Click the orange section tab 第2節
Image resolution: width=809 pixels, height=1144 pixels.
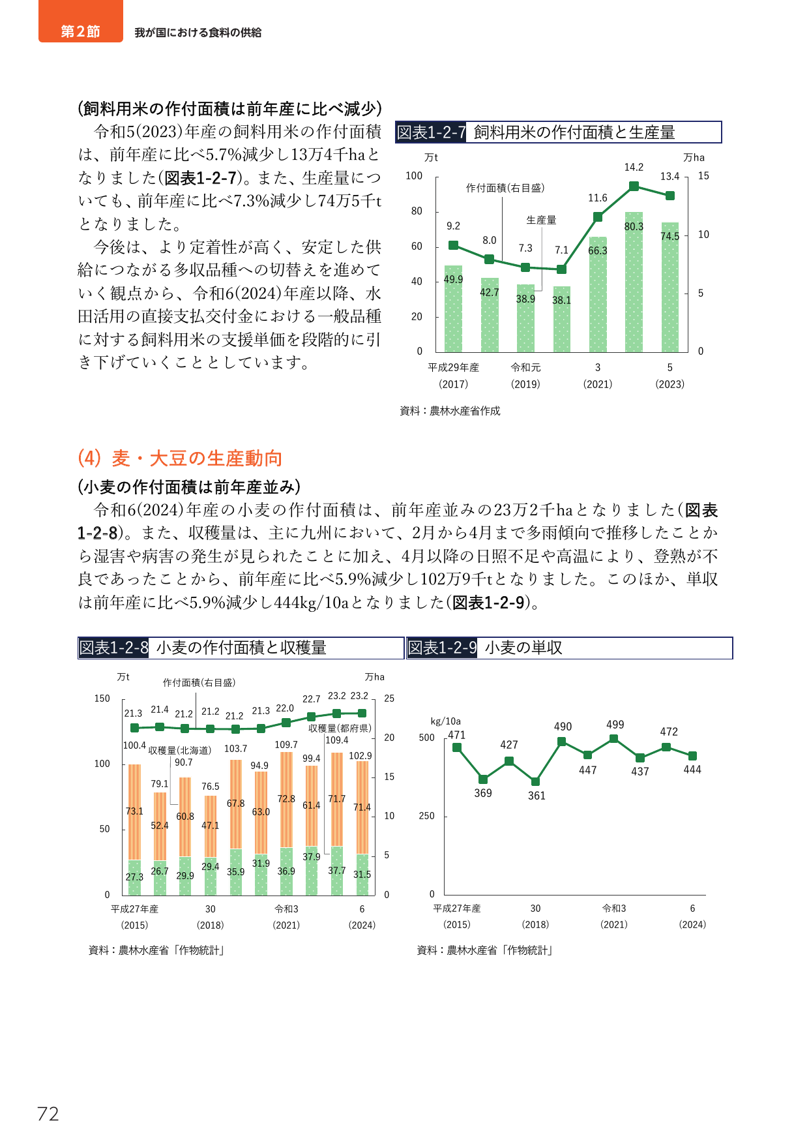(x=81, y=22)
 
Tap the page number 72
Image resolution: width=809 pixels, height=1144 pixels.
(x=48, y=1114)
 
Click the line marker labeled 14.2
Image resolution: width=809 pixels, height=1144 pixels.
(x=634, y=187)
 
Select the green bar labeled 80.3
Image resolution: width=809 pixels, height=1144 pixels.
(x=634, y=282)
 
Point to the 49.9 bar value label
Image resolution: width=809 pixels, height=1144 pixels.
(x=453, y=279)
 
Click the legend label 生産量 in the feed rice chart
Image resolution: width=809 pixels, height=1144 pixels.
(x=541, y=220)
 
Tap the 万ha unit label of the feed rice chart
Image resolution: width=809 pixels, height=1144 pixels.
(x=694, y=157)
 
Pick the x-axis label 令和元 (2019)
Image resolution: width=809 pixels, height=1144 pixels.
(x=525, y=376)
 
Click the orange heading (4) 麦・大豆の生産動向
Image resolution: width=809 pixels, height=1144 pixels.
(x=180, y=459)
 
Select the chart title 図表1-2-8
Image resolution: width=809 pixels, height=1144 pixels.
(x=113, y=648)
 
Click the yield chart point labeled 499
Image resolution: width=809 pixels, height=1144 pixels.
(x=613, y=739)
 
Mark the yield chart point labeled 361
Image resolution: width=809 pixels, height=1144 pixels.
(x=535, y=781)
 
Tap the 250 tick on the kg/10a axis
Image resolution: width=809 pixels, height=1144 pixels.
(x=426, y=816)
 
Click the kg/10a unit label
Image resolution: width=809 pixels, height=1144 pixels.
(x=446, y=721)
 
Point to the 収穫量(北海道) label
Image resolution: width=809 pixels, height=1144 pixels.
(x=179, y=751)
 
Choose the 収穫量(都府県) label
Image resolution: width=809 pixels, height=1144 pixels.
(x=340, y=729)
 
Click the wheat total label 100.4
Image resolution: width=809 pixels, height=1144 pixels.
(x=134, y=745)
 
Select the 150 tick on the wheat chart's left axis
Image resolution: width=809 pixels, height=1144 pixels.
(x=102, y=699)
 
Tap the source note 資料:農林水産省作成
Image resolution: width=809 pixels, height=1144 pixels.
(x=450, y=411)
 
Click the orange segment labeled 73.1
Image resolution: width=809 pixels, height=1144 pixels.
(x=134, y=812)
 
